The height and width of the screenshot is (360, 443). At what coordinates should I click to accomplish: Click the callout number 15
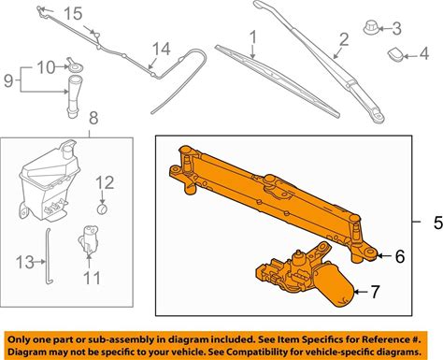coord(73,14)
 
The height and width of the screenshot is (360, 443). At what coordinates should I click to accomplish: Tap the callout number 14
coord(162,49)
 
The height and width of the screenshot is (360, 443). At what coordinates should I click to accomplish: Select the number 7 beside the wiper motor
coord(375,292)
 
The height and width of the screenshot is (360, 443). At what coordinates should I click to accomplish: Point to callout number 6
coord(400,256)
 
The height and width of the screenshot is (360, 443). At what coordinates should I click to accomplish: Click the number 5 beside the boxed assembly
coord(437,223)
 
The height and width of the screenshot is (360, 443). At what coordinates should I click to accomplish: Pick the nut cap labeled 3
coord(371,27)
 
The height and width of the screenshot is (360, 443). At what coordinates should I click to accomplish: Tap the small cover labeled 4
coord(395,54)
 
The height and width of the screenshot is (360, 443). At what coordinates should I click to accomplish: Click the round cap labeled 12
coord(102,209)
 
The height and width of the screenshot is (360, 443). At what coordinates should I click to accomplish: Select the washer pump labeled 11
coord(88,240)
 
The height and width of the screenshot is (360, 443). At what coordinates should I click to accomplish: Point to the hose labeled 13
coord(48,256)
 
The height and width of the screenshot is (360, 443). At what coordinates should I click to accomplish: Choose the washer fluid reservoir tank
coord(49,184)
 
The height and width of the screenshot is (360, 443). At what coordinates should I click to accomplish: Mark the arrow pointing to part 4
coord(412,56)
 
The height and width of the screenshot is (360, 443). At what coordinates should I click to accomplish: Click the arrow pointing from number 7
coord(361,292)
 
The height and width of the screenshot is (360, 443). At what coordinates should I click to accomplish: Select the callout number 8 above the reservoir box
coord(93,118)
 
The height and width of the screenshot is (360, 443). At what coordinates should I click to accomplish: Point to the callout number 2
coord(344,40)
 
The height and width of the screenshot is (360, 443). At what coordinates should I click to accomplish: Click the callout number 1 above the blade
coord(253,37)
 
